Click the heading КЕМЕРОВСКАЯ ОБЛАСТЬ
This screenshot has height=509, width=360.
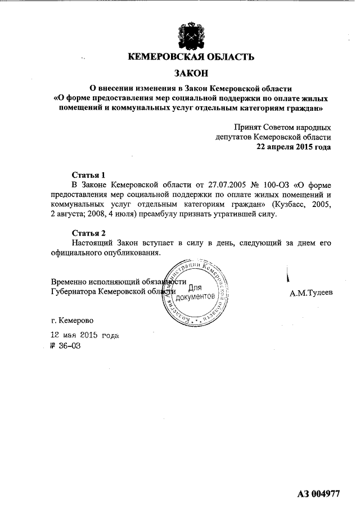191,57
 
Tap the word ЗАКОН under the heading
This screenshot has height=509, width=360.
191,73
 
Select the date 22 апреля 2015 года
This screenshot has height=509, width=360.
293,147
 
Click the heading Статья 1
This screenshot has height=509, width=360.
88,174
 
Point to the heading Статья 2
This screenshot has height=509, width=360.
88,233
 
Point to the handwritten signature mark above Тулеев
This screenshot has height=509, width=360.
289,275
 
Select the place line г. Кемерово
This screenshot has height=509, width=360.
73,321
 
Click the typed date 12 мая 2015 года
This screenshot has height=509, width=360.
85,335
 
